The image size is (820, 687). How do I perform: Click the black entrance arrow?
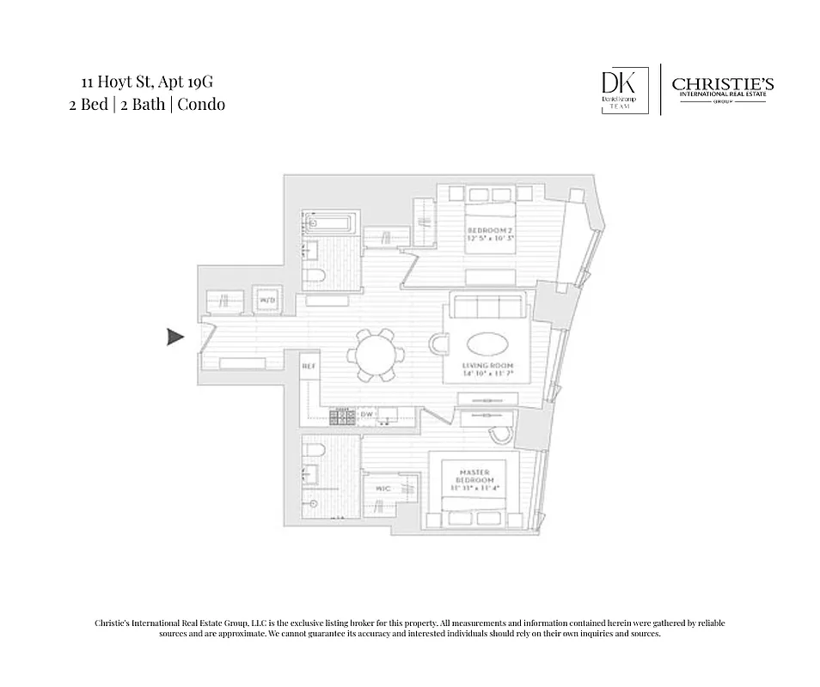175,337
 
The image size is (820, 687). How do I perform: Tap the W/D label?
267,300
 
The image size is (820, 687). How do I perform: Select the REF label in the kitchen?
309,367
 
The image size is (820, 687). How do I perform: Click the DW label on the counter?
367,415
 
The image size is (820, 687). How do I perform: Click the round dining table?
376,354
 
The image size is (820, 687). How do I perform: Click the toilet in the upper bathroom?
315,275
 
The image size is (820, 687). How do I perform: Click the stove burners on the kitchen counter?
343,416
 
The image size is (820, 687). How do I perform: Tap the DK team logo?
619,89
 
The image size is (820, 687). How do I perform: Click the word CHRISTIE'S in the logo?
722,84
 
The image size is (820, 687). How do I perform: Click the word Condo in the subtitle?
202,104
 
